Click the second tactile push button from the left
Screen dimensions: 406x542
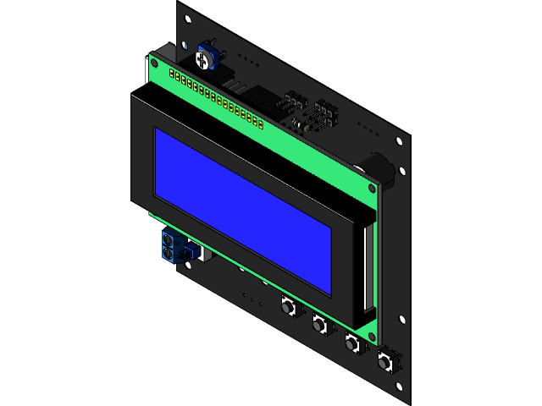(319, 324)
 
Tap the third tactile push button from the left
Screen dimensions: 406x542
(351, 343)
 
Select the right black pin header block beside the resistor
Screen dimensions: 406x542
(325, 112)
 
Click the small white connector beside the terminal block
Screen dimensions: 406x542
(195, 250)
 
